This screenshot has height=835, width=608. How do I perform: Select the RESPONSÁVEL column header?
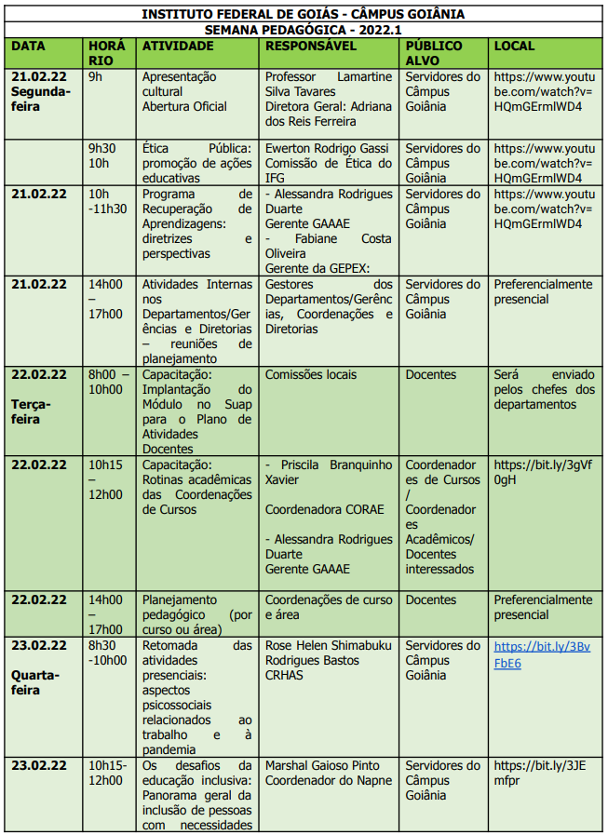(x=310, y=46)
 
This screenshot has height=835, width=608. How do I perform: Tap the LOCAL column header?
(x=515, y=46)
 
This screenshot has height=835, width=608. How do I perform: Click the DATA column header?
(x=28, y=46)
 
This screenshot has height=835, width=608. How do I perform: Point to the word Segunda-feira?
(x=40, y=99)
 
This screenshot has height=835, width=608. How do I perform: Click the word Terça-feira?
(x=32, y=411)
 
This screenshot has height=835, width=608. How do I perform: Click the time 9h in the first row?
(x=95, y=76)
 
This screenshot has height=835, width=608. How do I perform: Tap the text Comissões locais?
(x=310, y=374)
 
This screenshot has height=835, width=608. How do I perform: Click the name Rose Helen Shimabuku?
(x=329, y=645)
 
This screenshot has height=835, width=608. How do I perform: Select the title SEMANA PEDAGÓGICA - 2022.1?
(x=303, y=29)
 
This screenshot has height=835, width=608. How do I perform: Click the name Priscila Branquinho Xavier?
(x=329, y=472)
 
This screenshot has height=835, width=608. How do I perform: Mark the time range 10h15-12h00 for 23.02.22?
(x=108, y=773)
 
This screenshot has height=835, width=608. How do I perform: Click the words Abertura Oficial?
(x=184, y=106)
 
